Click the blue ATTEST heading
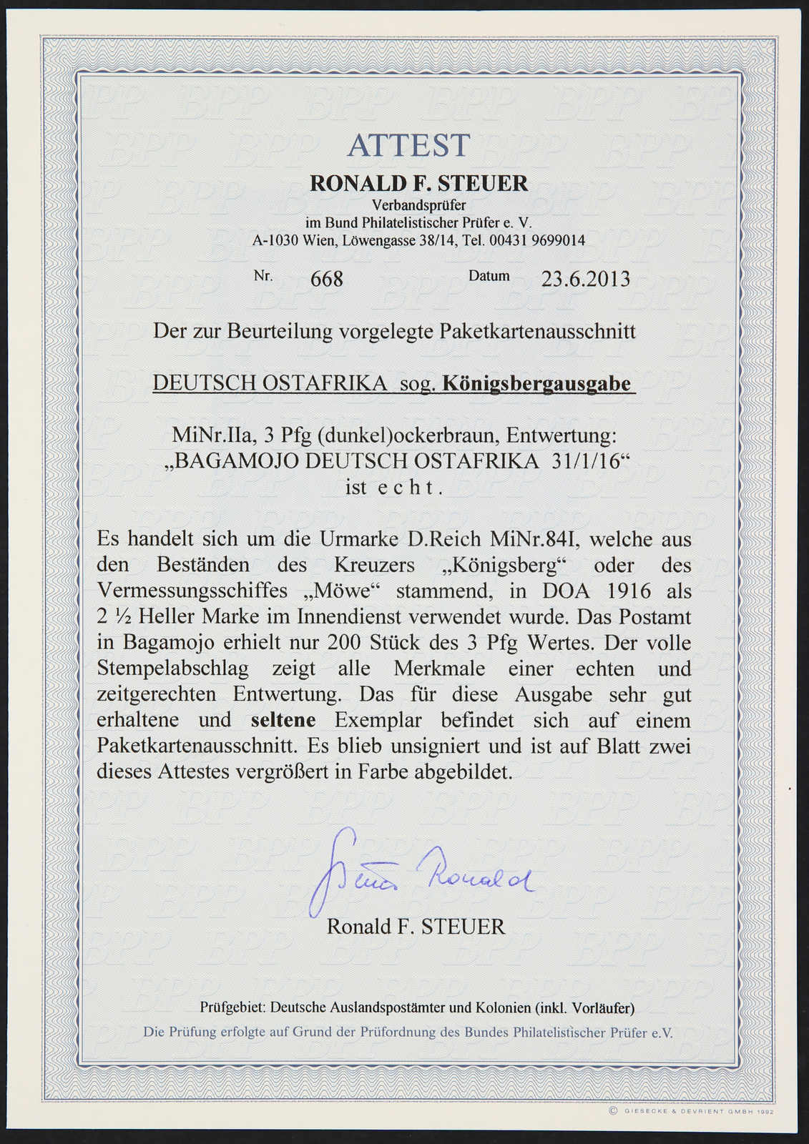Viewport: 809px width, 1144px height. (408, 146)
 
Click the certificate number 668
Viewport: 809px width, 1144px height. (327, 279)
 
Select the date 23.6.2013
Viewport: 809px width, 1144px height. (585, 278)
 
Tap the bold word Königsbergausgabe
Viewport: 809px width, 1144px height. (537, 383)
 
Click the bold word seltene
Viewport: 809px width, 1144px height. (283, 720)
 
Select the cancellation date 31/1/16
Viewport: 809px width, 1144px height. (586, 460)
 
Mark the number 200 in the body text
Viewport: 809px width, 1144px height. (343, 642)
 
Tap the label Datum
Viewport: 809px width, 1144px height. (489, 275)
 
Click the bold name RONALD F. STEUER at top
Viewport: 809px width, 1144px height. (418, 183)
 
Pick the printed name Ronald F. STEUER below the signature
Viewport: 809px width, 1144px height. (416, 927)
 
